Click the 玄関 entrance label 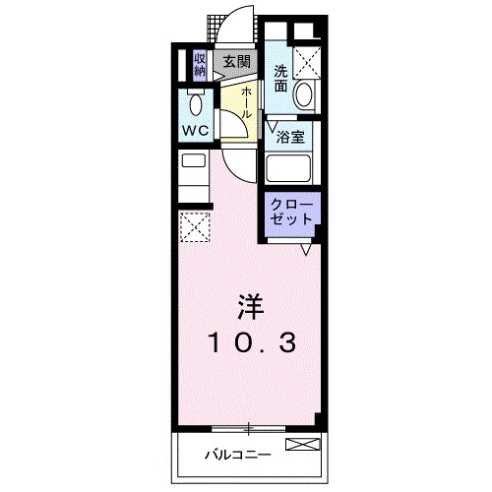coord(235,62)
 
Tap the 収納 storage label coord(200,64)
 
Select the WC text coord(193,129)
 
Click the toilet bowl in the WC coord(195,103)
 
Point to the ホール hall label coord(246,100)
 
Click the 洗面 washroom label coord(281,78)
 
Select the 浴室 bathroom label coord(289,136)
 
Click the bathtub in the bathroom coord(289,169)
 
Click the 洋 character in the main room coord(249,306)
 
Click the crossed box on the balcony coord(303,445)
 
